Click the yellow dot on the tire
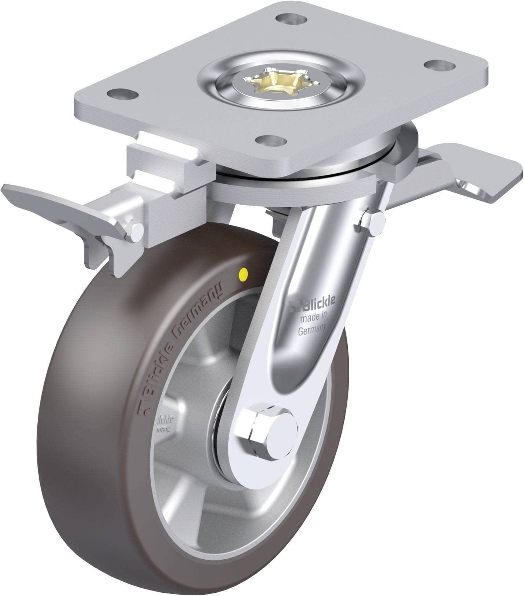tap(243, 273)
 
